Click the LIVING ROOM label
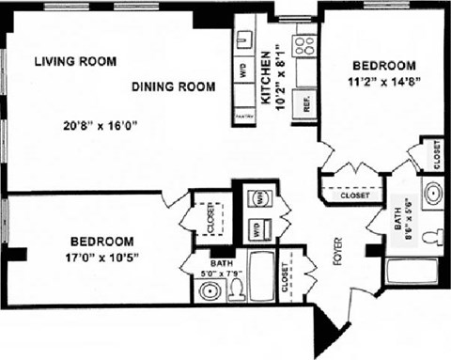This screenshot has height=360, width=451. pyautogui.click(x=75, y=62)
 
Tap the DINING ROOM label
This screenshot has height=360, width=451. pyautogui.click(x=173, y=87)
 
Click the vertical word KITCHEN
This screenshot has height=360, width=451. pyautogui.click(x=266, y=74)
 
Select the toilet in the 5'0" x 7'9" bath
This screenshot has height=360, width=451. pyautogui.click(x=237, y=290)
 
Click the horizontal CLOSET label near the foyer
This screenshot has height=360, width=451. pyautogui.click(x=353, y=197)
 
